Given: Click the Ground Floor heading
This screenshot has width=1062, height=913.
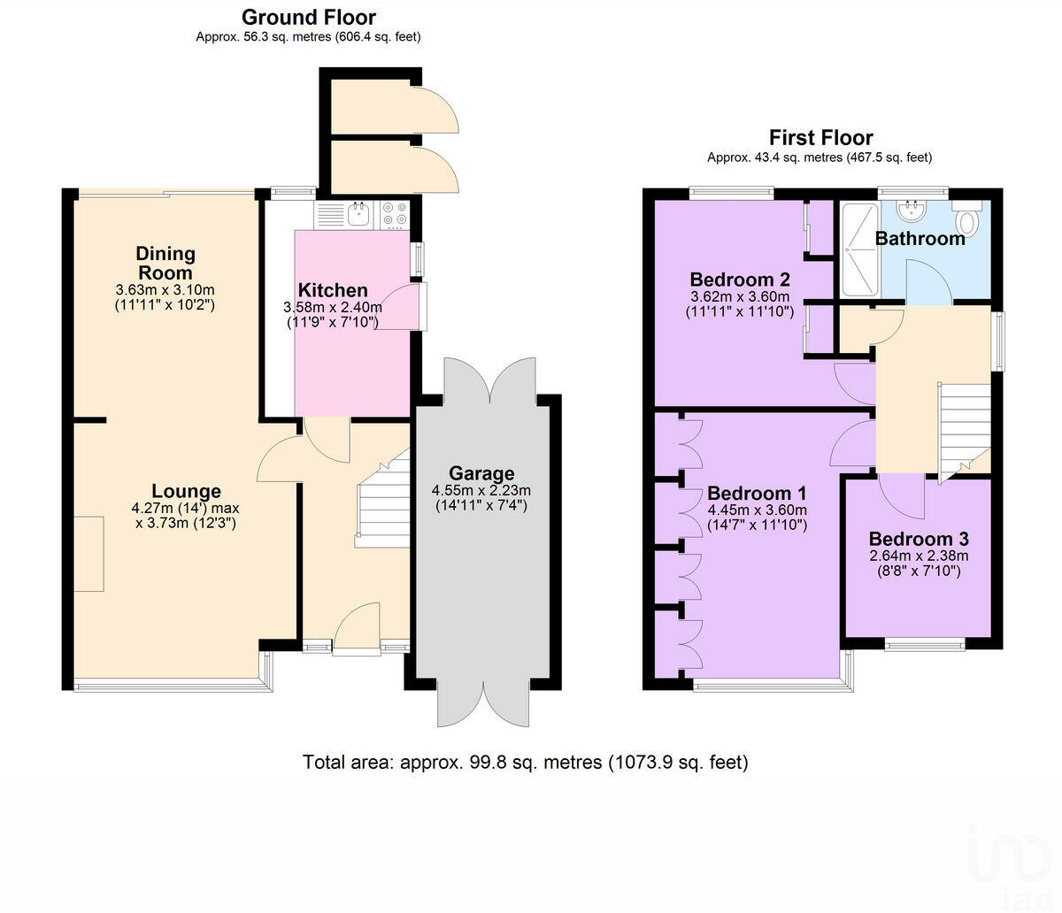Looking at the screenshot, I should [308, 17].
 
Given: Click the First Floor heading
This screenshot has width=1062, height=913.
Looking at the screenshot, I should [820, 137].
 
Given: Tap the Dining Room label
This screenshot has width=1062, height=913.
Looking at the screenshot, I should [165, 263].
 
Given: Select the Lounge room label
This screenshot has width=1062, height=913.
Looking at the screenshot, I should [186, 491].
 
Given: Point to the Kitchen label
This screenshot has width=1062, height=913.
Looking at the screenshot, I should [332, 290].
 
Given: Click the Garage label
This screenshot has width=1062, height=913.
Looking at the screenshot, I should [481, 473].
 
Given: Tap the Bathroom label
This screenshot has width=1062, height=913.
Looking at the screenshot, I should [920, 239].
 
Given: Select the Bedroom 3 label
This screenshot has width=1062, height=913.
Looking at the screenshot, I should [918, 539].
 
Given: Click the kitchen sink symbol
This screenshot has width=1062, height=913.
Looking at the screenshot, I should [358, 213].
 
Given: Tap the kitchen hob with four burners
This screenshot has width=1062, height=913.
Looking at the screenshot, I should [394, 214].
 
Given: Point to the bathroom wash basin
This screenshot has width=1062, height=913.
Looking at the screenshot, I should [911, 210].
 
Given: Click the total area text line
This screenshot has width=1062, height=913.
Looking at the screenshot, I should [525, 762].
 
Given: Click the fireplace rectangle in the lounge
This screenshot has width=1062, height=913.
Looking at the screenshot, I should [88, 554].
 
